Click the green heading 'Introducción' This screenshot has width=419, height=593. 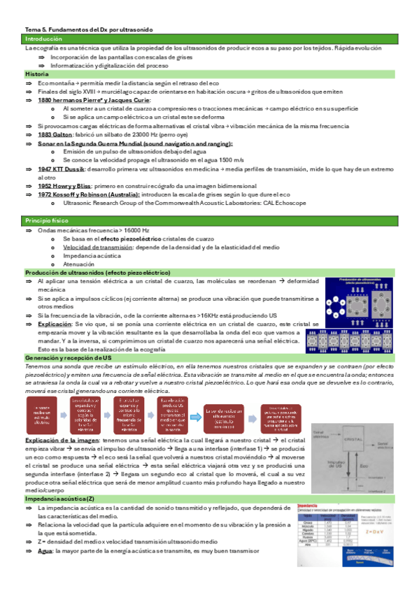coord(43,39)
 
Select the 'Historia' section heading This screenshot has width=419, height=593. coord(37,73)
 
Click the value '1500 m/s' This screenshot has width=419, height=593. coord(230,159)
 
